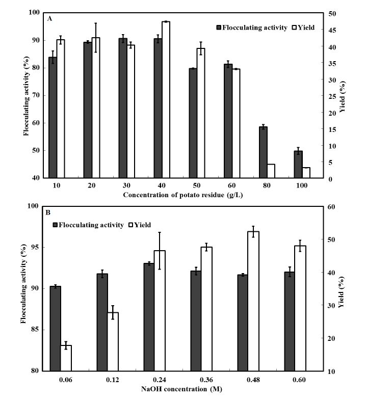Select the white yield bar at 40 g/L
[166, 100]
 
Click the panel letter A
[49, 18]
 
